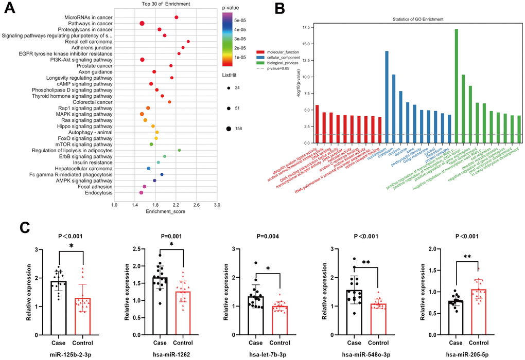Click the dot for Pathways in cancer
tap(142, 23)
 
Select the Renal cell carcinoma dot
tap(188, 41)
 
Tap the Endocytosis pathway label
tap(95, 193)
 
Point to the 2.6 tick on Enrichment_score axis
tap(196, 205)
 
